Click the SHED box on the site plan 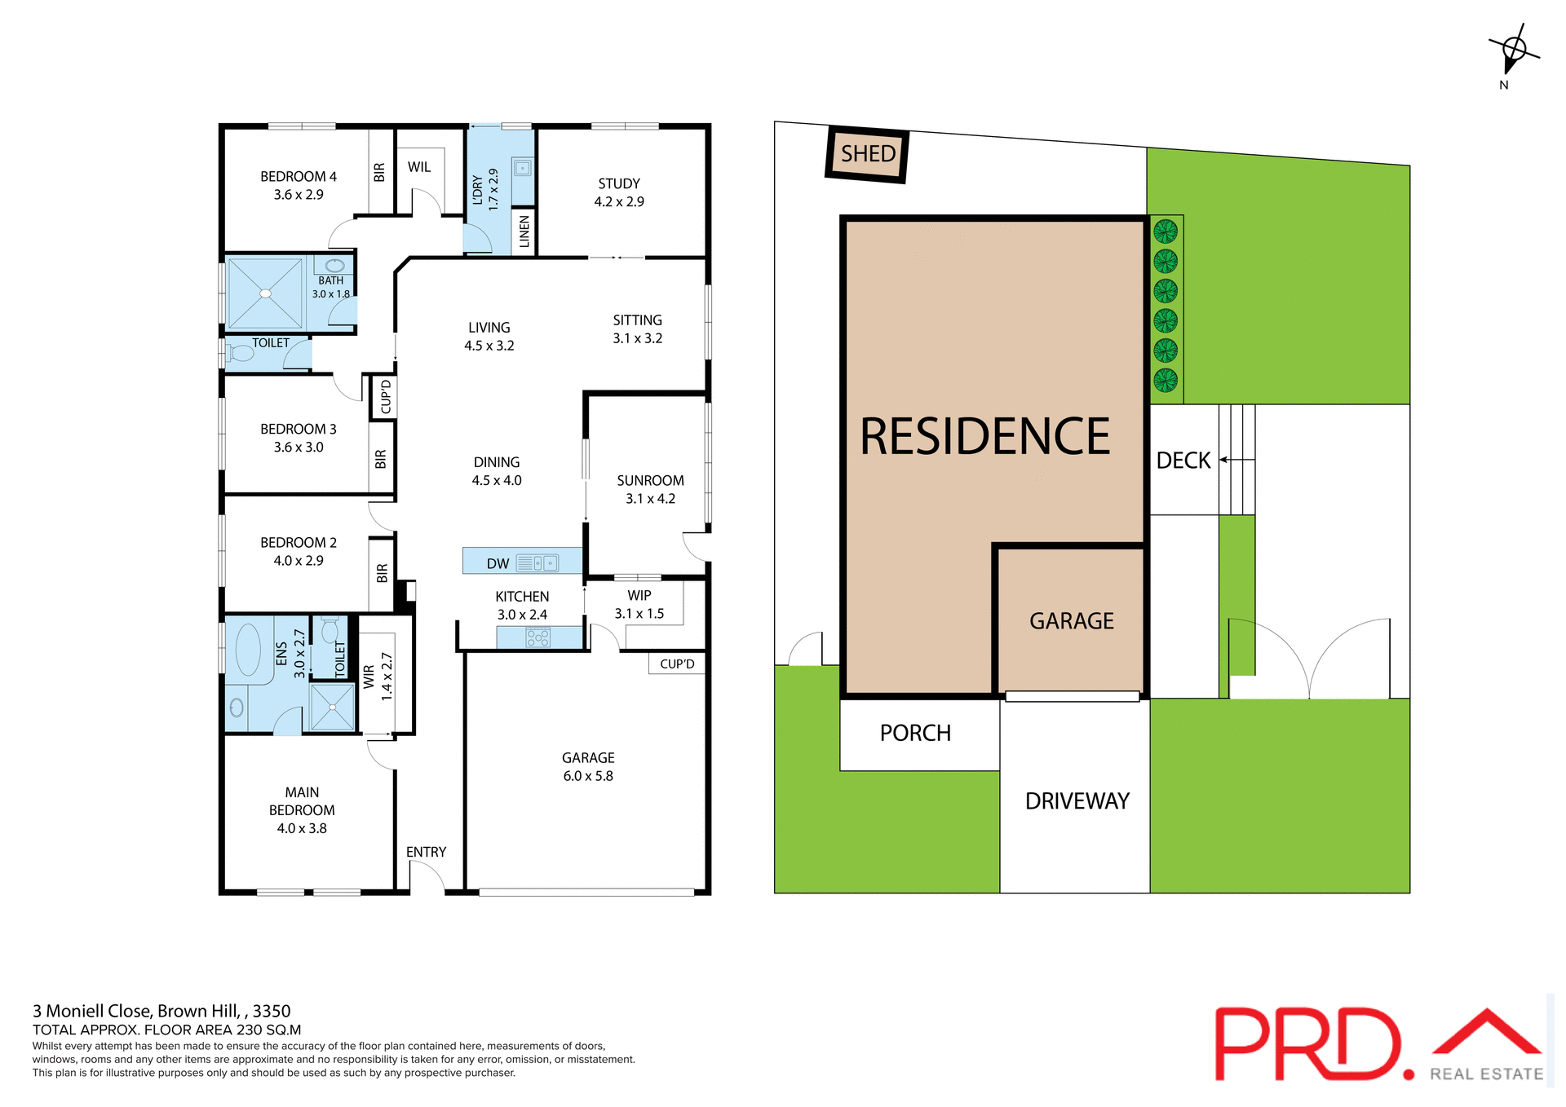868,154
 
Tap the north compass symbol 1514,51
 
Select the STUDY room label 619,183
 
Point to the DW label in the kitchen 498,563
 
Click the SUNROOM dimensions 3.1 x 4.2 650,499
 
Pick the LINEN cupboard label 524,232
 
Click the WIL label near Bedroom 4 419,166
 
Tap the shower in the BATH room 265,293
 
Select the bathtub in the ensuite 248,650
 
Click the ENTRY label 426,852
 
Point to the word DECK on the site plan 1183,461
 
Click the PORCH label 915,733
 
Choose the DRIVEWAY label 1077,800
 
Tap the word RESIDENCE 984,436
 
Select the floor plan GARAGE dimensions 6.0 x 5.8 588,776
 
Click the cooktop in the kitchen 537,637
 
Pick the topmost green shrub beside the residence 1166,232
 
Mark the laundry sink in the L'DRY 523,169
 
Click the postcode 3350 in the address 272,1011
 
